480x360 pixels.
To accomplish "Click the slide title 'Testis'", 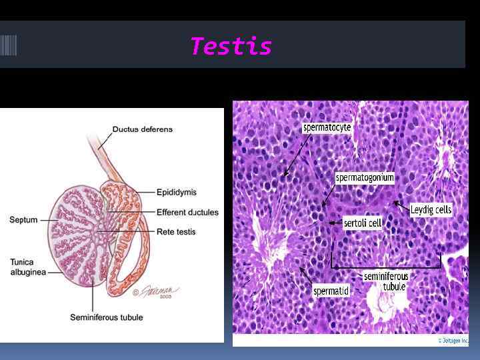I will pyautogui.click(x=231, y=47).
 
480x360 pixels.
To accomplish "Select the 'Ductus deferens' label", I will pyautogui.click(x=142, y=129).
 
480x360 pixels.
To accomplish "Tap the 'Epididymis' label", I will pyautogui.click(x=176, y=193).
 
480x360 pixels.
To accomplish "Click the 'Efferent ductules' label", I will pyautogui.click(x=187, y=213).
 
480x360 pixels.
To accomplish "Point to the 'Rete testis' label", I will pyautogui.click(x=176, y=232).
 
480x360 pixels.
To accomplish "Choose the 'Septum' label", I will pyautogui.click(x=23, y=219).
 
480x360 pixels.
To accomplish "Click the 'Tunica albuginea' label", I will pyautogui.click(x=27, y=267).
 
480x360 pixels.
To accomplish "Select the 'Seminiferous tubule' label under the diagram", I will pyautogui.click(x=106, y=317).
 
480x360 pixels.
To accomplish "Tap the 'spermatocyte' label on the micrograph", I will pyautogui.click(x=327, y=127).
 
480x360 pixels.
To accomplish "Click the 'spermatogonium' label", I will pyautogui.click(x=365, y=178).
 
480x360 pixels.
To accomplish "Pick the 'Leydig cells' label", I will pyautogui.click(x=431, y=210).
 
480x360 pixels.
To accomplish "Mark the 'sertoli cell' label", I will pyautogui.click(x=362, y=223).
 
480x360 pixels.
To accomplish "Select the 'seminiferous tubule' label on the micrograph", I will pyautogui.click(x=386, y=281).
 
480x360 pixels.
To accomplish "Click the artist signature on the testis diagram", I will pyautogui.click(x=160, y=291).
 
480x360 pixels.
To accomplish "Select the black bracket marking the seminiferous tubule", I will pyautogui.click(x=387, y=266).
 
